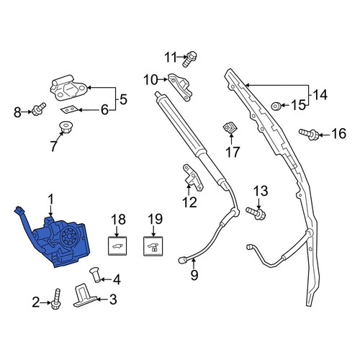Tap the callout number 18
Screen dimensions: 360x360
click(x=118, y=219)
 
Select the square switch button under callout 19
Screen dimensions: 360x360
click(x=153, y=246)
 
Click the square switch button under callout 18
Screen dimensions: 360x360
click(x=117, y=246)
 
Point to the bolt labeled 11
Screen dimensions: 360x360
click(x=190, y=59)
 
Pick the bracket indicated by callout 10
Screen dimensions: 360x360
click(x=180, y=86)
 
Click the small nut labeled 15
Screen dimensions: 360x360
click(x=276, y=106)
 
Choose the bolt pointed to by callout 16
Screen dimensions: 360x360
click(x=309, y=134)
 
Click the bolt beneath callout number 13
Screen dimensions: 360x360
click(x=256, y=213)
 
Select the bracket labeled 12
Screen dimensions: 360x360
click(x=193, y=177)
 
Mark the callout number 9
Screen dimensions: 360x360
click(x=194, y=275)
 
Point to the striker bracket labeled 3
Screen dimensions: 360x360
click(x=84, y=295)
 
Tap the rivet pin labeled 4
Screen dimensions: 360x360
click(x=95, y=276)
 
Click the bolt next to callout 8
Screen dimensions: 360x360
click(x=39, y=109)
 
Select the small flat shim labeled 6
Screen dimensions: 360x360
click(x=69, y=110)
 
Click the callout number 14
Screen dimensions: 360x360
click(x=320, y=95)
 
